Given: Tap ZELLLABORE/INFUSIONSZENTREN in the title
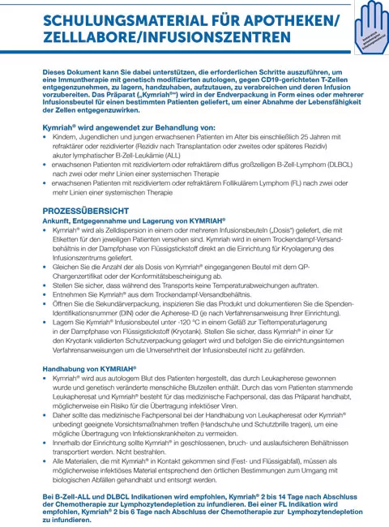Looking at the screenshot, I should point(169,38).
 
